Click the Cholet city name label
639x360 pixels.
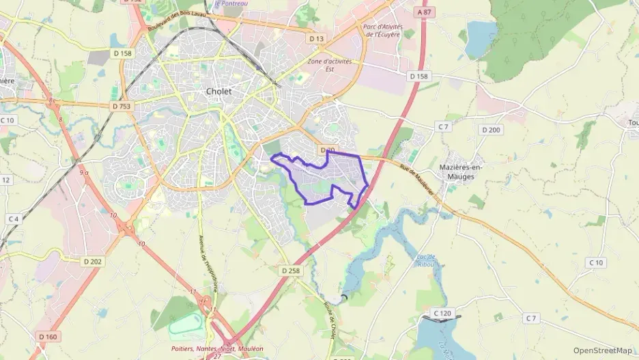218,91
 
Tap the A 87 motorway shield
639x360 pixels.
424,12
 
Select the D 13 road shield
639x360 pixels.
315,39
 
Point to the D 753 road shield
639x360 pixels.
121,107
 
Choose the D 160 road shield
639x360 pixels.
47,336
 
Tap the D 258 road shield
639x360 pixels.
290,271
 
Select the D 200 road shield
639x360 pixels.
490,130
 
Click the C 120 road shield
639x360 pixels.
442,314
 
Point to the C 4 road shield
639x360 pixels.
13,219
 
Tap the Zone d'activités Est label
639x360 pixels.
330,64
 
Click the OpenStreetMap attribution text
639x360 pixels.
602,350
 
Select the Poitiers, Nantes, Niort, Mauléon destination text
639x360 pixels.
216,347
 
